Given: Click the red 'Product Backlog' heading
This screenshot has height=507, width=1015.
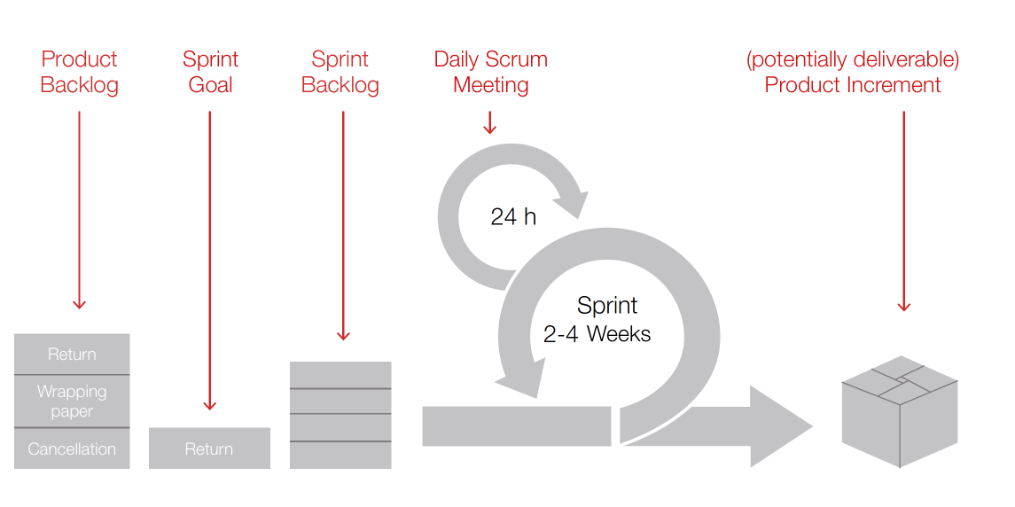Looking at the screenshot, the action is tap(79, 72).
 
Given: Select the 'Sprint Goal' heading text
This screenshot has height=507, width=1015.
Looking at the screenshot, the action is tap(210, 72).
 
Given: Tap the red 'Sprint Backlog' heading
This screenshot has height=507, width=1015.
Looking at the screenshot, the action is tap(340, 72).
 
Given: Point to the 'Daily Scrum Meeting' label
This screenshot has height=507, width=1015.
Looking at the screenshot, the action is tap(491, 72).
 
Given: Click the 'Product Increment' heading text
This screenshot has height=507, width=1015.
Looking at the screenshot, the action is tap(853, 85).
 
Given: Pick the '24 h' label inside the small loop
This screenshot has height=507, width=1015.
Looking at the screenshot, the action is tap(513, 217).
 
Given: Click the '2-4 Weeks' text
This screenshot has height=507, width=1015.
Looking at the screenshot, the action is tap(597, 334).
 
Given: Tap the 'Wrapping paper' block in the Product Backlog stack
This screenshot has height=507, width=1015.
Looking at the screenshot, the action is tap(72, 402).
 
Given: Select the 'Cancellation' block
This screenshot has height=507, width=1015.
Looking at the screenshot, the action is tap(72, 448).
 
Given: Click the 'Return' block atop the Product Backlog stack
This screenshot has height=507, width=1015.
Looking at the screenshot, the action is tap(72, 355).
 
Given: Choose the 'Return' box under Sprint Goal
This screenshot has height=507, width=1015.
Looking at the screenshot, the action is tap(209, 448).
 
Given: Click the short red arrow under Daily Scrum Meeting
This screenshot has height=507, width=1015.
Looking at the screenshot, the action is tap(490, 122).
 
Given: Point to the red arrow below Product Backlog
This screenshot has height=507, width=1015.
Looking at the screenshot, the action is tap(80, 210).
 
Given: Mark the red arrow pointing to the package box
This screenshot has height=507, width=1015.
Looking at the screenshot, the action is tap(903, 212).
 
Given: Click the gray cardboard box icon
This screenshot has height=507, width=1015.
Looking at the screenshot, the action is tap(900, 411).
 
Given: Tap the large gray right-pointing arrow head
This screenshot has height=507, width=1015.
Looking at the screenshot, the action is tap(781, 426).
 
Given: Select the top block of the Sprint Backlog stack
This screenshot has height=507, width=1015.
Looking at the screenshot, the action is tap(340, 375).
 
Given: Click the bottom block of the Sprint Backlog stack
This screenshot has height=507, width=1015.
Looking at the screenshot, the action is tap(340, 456).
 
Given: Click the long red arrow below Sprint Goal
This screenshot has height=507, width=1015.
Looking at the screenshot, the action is tap(210, 261).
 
